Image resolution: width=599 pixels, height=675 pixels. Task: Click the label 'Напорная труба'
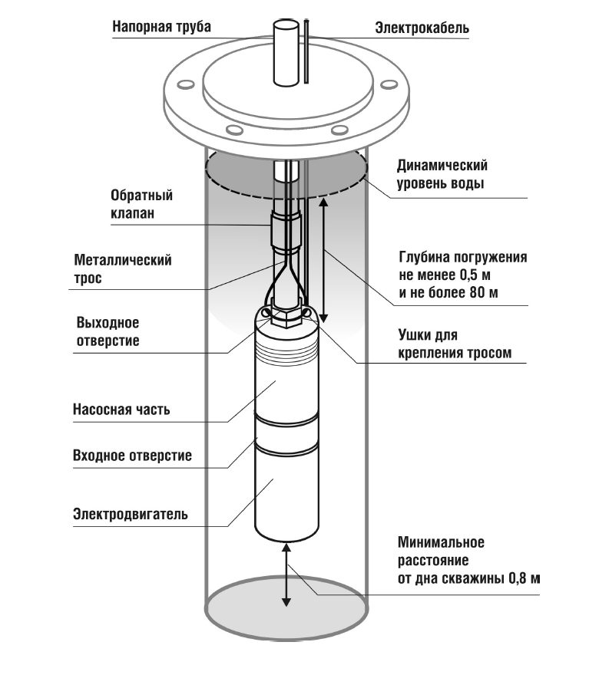tap(161, 27)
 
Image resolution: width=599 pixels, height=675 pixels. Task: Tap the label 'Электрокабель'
tap(422, 28)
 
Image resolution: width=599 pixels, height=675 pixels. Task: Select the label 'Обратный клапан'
tap(142, 204)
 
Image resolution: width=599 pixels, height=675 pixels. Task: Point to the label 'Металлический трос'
tap(123, 268)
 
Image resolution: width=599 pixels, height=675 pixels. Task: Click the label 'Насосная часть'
tap(121, 409)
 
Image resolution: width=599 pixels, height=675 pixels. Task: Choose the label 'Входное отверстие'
tap(132, 455)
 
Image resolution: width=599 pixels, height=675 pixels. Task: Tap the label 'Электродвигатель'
tap(131, 514)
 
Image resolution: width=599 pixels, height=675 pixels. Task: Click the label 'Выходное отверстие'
tap(108, 331)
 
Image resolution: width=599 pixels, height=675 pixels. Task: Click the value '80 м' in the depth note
tap(483, 293)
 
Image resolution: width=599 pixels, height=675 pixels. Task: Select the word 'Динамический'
tap(442, 166)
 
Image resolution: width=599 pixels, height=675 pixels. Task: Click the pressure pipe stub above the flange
tap(286, 52)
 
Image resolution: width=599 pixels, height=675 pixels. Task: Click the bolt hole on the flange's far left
tap(186, 84)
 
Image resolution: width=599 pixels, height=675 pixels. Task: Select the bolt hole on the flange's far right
tap(389, 84)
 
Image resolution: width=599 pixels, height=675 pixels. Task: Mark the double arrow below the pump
tap(286, 575)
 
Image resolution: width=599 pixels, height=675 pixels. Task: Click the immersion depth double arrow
tap(323, 258)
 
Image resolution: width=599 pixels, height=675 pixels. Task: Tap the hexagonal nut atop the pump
tap(286, 318)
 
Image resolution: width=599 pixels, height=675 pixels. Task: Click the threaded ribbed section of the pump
tap(286, 351)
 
